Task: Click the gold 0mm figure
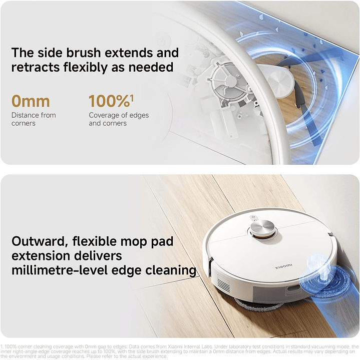pos(31,101)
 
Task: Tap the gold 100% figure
pos(109,101)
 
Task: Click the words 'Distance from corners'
pos(34,119)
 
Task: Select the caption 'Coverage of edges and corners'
pos(119,119)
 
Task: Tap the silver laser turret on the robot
pos(263,228)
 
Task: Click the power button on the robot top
pos(253,218)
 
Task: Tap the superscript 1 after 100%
pos(132,97)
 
